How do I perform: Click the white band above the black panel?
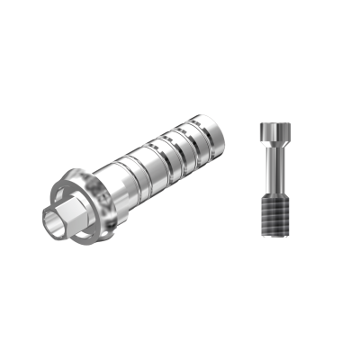[180, 33]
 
